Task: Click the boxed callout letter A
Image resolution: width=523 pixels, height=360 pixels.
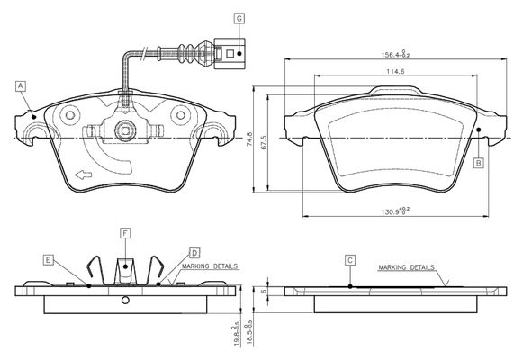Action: [x=21, y=86]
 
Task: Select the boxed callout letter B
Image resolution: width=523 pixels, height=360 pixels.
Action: [x=479, y=163]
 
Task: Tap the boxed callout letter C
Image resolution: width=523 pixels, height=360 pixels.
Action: [x=350, y=260]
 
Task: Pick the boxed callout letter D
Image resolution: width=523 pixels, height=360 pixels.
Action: [x=194, y=253]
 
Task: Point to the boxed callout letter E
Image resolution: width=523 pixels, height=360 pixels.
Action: [x=49, y=260]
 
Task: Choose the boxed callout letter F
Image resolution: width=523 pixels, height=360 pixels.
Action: [x=125, y=233]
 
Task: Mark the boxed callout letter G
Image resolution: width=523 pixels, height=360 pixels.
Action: [x=239, y=19]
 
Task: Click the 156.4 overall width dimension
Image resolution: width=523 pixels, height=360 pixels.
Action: [x=395, y=54]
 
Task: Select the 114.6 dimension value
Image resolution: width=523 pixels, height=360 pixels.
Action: [x=395, y=71]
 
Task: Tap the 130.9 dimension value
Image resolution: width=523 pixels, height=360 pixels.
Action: [x=395, y=211]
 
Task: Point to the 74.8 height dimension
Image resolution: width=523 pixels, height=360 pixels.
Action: [x=250, y=139]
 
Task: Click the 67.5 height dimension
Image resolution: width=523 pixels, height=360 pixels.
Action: [x=264, y=142]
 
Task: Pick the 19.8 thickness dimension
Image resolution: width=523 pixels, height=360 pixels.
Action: [x=237, y=334]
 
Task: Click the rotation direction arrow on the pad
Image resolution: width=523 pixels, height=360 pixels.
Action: [x=84, y=175]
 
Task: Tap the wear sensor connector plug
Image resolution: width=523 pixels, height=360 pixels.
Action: [x=230, y=53]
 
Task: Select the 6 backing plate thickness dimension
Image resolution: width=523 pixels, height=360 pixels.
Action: [x=264, y=291]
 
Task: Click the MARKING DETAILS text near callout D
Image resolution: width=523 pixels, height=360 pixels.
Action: [x=210, y=266]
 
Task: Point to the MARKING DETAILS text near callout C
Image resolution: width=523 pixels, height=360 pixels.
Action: [x=407, y=267]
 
